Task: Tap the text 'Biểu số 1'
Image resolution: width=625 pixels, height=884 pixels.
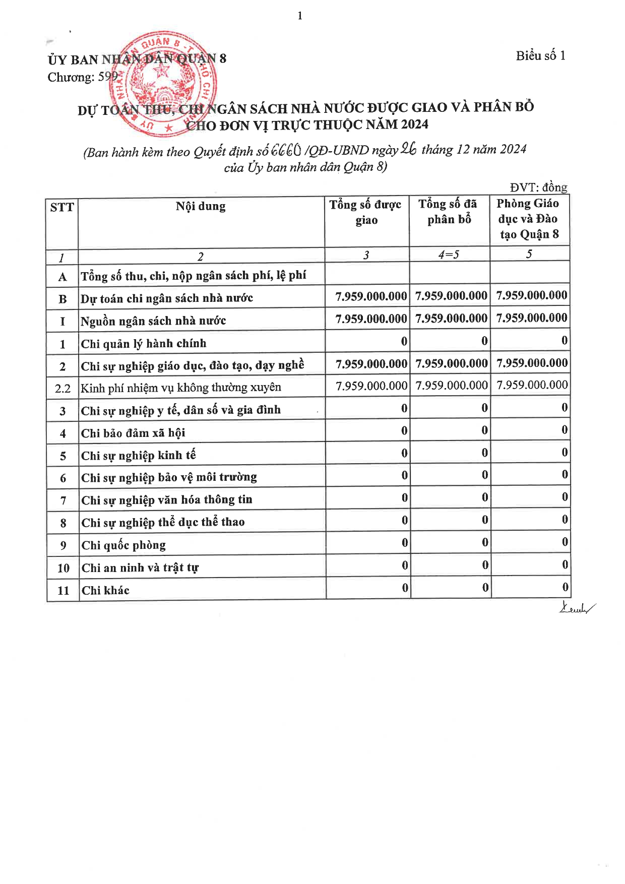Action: (540, 56)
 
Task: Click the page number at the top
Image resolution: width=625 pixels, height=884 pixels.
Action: (300, 16)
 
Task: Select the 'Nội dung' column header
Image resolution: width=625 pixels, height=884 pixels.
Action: (201, 206)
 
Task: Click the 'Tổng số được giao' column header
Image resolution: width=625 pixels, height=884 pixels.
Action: (366, 212)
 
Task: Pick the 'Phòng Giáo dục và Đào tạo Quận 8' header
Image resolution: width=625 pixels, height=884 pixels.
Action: (528, 219)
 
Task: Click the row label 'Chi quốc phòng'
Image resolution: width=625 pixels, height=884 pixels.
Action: (123, 545)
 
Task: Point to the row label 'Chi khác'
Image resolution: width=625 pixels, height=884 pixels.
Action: (105, 591)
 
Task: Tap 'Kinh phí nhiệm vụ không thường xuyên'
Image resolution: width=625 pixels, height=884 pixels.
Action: (181, 388)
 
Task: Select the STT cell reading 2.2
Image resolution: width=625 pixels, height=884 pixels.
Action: (62, 389)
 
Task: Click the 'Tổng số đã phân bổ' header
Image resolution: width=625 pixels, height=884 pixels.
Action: (448, 212)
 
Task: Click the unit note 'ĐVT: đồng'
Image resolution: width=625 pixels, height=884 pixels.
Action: (538, 187)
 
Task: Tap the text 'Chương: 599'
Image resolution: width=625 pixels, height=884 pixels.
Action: (83, 77)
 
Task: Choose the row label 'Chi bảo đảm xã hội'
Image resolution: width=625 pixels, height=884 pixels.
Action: (133, 433)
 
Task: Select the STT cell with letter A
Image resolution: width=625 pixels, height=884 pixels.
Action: (62, 277)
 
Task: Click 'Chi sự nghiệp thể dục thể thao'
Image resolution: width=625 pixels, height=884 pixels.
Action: (163, 523)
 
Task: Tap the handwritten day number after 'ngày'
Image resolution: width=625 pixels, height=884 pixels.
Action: (408, 149)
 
